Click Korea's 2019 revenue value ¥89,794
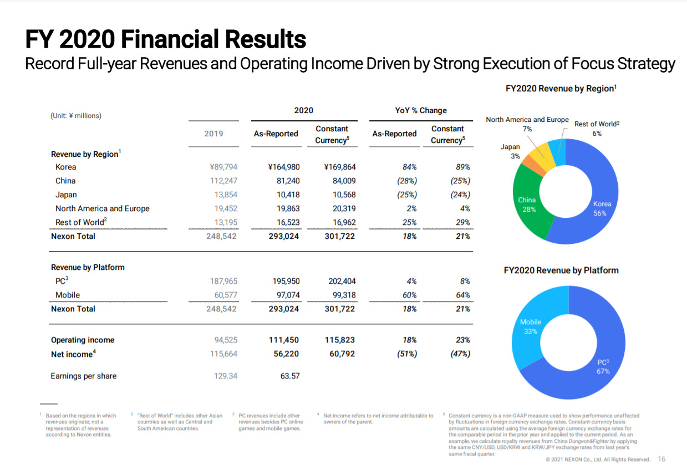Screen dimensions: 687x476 point(223,167)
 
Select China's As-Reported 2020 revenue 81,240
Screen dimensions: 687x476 point(288,181)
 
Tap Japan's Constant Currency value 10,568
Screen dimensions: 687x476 point(344,195)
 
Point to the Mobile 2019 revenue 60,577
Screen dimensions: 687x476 point(226,295)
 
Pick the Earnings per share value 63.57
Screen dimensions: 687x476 point(290,376)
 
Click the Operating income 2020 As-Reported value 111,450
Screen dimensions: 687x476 point(284,340)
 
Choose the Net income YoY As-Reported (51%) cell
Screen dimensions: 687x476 point(407,354)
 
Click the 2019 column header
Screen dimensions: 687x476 point(214,134)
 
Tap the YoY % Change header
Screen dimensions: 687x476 point(421,110)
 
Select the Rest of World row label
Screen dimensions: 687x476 point(81,222)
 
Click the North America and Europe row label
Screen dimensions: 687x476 point(103,208)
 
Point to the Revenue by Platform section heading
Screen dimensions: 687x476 point(88,267)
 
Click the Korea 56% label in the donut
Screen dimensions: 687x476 point(602,208)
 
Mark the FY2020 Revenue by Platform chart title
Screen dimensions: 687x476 point(561,270)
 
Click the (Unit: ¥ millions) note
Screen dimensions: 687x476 point(76,116)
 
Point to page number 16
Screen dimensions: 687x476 point(661,459)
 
